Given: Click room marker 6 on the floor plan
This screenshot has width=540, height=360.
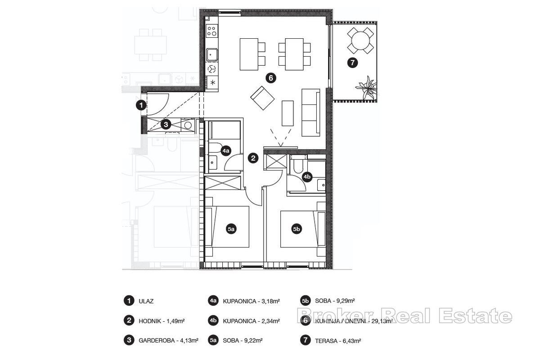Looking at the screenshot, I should [x=270, y=78].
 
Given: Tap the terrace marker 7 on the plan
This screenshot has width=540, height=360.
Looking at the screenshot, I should [x=352, y=63].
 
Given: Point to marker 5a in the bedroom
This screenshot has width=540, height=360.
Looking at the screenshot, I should [x=231, y=229].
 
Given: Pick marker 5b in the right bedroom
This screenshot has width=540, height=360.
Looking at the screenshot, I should [x=296, y=229].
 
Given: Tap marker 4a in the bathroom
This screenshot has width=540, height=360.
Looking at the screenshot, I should [x=225, y=151].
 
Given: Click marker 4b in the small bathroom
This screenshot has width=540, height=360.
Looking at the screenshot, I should [x=307, y=177].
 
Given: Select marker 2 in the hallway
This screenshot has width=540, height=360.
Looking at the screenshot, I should [x=253, y=158].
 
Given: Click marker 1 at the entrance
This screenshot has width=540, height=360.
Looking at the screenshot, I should [x=141, y=105].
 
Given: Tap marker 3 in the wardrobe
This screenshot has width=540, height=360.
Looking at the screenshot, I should [x=166, y=124].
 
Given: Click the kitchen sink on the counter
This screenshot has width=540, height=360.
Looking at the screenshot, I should [x=211, y=55].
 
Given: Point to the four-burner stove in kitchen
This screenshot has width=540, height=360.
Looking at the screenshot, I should [x=211, y=31].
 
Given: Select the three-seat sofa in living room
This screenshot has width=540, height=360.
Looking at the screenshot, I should [x=310, y=112].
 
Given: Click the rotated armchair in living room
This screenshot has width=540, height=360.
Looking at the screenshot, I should [x=262, y=98].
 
